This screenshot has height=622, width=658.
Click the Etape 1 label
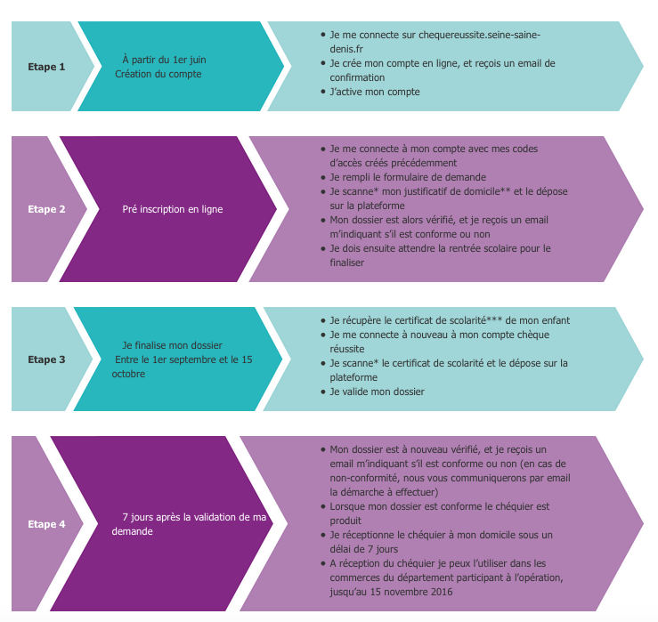(46, 67)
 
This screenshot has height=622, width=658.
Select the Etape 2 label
(46, 210)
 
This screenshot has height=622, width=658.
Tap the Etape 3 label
(46, 360)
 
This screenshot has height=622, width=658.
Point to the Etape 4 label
(46, 524)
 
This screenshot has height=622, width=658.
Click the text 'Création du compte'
(158, 74)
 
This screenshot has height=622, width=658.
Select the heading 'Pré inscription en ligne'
(173, 210)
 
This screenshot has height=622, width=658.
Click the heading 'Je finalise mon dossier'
(173, 345)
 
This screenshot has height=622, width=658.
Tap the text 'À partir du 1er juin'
(165, 60)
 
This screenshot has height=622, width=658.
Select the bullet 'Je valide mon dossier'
(377, 392)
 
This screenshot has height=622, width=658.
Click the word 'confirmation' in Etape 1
(359, 77)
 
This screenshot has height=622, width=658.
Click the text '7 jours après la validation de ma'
(195, 517)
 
